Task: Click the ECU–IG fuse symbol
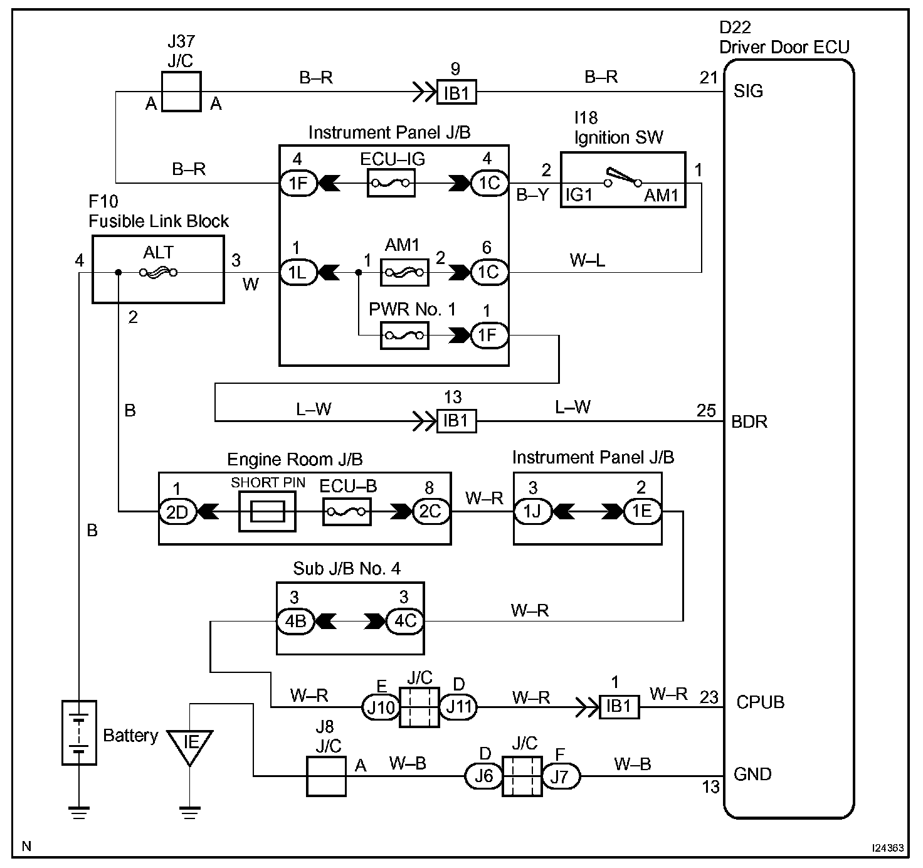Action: point(391,183)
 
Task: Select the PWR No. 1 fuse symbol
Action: point(404,335)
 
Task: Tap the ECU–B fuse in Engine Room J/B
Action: point(347,512)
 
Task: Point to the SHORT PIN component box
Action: point(267,511)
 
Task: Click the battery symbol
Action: point(80,733)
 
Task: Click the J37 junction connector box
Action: point(181,92)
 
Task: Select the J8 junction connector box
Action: point(326,776)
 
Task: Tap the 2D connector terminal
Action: point(177,512)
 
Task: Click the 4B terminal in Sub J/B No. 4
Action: point(295,621)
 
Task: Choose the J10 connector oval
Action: point(381,707)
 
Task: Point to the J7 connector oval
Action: point(561,776)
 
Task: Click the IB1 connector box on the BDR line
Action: point(456,421)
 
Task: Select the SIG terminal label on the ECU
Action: point(748,91)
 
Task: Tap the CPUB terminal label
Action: point(761,702)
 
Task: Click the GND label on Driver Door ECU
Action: point(752,774)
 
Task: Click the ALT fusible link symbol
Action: point(158,272)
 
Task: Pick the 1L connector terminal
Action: point(298,272)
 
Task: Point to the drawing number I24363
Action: point(888,847)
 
